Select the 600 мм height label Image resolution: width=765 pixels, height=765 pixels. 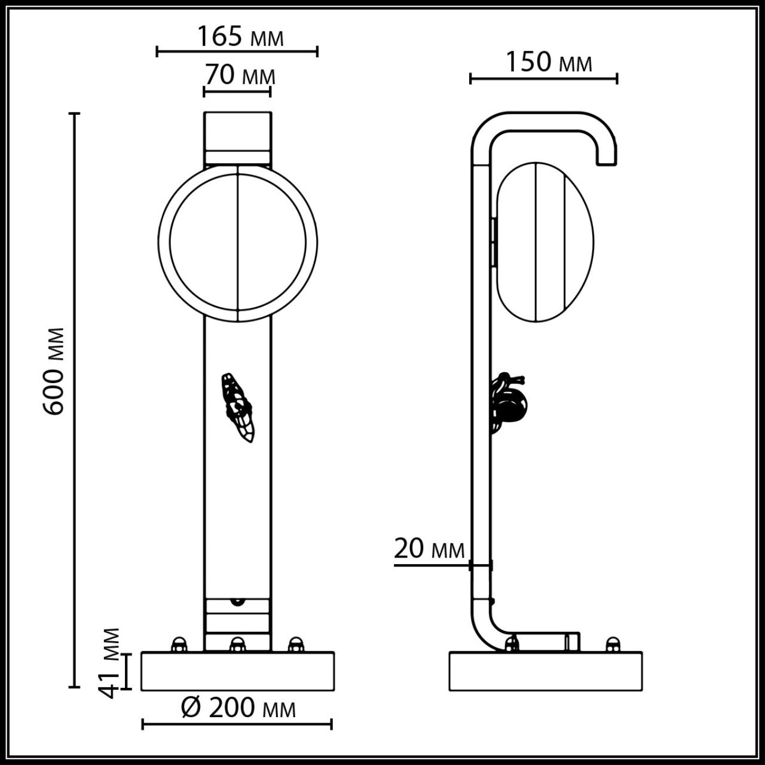(x=54, y=371)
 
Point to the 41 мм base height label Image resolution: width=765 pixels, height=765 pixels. (x=109, y=662)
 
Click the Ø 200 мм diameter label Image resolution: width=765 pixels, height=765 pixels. (x=238, y=708)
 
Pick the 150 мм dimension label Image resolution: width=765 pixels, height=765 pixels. (x=549, y=62)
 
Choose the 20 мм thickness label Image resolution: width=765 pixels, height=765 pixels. (x=429, y=548)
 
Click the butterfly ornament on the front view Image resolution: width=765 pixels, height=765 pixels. (x=238, y=408)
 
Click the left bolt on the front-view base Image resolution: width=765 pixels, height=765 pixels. (x=178, y=645)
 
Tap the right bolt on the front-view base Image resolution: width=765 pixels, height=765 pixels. (x=295, y=645)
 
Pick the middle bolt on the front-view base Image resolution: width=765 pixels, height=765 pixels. (x=237, y=645)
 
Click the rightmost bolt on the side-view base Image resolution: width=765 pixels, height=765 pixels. (x=612, y=645)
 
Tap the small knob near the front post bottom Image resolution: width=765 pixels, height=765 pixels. (x=238, y=601)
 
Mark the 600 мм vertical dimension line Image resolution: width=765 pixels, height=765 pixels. (x=75, y=400)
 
